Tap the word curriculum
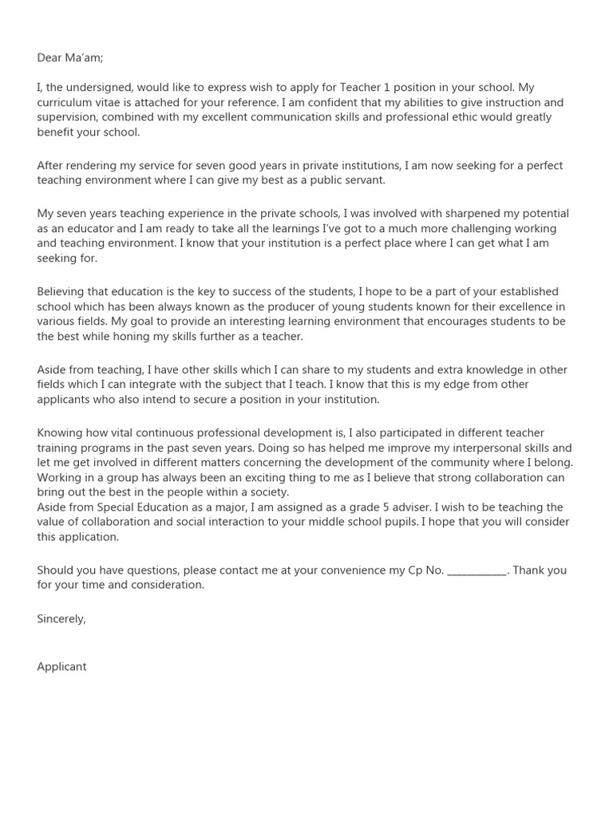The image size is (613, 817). pos(67,104)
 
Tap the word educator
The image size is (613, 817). pos(81,229)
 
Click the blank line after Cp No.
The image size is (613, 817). pos(477,570)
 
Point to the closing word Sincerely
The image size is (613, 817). pos(61,618)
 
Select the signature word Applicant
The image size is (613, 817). pos(61,666)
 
